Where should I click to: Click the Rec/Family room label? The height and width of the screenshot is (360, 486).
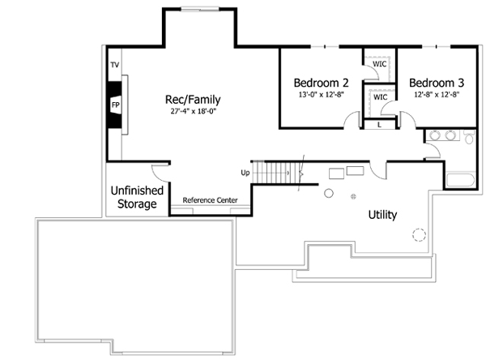click(193, 100)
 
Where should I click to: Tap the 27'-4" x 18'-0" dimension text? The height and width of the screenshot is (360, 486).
click(193, 111)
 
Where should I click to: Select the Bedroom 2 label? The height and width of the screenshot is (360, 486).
click(321, 83)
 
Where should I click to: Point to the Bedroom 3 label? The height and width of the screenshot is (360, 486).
click(437, 83)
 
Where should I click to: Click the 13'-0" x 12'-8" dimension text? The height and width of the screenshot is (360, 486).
click(321, 94)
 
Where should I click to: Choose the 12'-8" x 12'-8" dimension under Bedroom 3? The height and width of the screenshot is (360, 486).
click(437, 94)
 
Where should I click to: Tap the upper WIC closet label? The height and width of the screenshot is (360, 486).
click(379, 64)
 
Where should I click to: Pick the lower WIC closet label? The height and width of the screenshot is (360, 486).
click(381, 97)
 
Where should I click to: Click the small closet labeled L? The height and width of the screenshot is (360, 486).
click(380, 124)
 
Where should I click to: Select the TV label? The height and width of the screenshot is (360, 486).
click(114, 64)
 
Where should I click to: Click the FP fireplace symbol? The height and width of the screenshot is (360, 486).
click(115, 105)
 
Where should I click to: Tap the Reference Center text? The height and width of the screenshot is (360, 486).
click(209, 199)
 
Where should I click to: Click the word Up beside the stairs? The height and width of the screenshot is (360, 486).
click(245, 173)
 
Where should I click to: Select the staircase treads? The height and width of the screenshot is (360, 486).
click(275, 173)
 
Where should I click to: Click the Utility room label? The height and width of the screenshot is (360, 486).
click(382, 215)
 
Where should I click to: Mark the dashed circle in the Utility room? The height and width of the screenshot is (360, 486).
click(418, 235)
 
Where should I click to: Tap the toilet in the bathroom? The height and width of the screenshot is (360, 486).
click(469, 139)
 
